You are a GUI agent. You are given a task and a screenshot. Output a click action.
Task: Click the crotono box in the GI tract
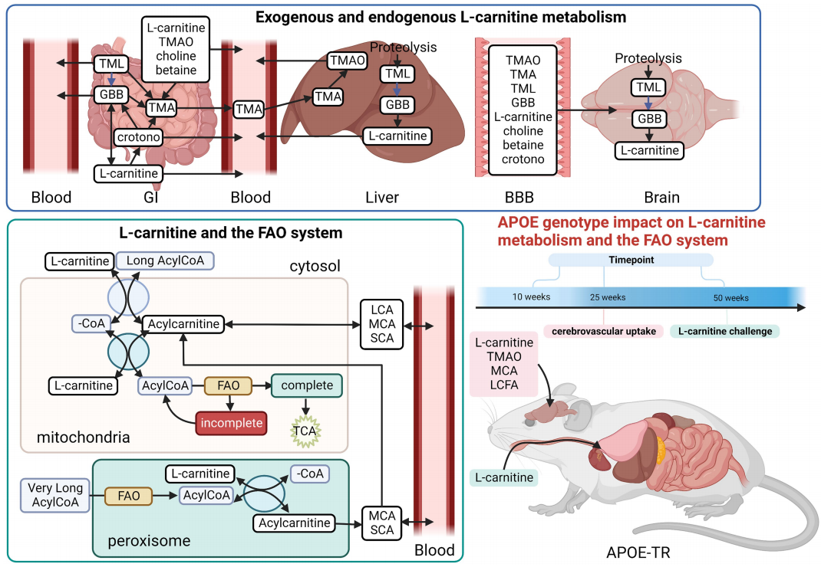pyautogui.click(x=139, y=137)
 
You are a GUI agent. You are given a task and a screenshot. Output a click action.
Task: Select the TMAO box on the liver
pyautogui.click(x=347, y=61)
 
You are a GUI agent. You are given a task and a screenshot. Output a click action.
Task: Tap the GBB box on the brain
pyautogui.click(x=649, y=119)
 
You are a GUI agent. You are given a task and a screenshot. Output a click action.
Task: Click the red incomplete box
pyautogui.click(x=232, y=423)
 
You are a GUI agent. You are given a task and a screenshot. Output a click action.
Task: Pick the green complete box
pyautogui.click(x=307, y=385)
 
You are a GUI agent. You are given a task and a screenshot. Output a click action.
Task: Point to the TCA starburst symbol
pyautogui.click(x=305, y=431)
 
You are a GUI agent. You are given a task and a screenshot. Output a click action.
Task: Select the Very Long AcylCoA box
pyautogui.click(x=55, y=495)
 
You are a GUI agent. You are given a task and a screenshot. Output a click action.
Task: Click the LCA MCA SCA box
pyautogui.click(x=381, y=324)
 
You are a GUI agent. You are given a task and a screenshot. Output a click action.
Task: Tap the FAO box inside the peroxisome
pyautogui.click(x=128, y=496)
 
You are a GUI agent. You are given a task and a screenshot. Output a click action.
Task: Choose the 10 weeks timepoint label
pyautogui.click(x=531, y=297)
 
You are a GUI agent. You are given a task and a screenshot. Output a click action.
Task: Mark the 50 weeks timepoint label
pyautogui.click(x=730, y=297)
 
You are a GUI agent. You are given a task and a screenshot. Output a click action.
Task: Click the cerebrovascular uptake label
pyautogui.click(x=604, y=331)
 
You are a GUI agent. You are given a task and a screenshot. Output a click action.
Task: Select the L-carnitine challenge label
pyautogui.click(x=724, y=331)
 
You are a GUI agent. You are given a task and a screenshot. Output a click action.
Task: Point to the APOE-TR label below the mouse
pyautogui.click(x=638, y=552)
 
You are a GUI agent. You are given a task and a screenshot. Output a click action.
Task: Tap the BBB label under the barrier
pyautogui.click(x=519, y=197)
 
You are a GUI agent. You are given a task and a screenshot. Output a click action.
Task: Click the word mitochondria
pyautogui.click(x=84, y=437)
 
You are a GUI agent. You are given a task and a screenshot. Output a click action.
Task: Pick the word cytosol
pyautogui.click(x=315, y=266)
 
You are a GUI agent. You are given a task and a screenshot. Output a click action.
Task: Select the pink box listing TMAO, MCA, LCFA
pyautogui.click(x=504, y=363)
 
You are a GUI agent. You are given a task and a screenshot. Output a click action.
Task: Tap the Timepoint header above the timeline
pyautogui.click(x=631, y=260)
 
